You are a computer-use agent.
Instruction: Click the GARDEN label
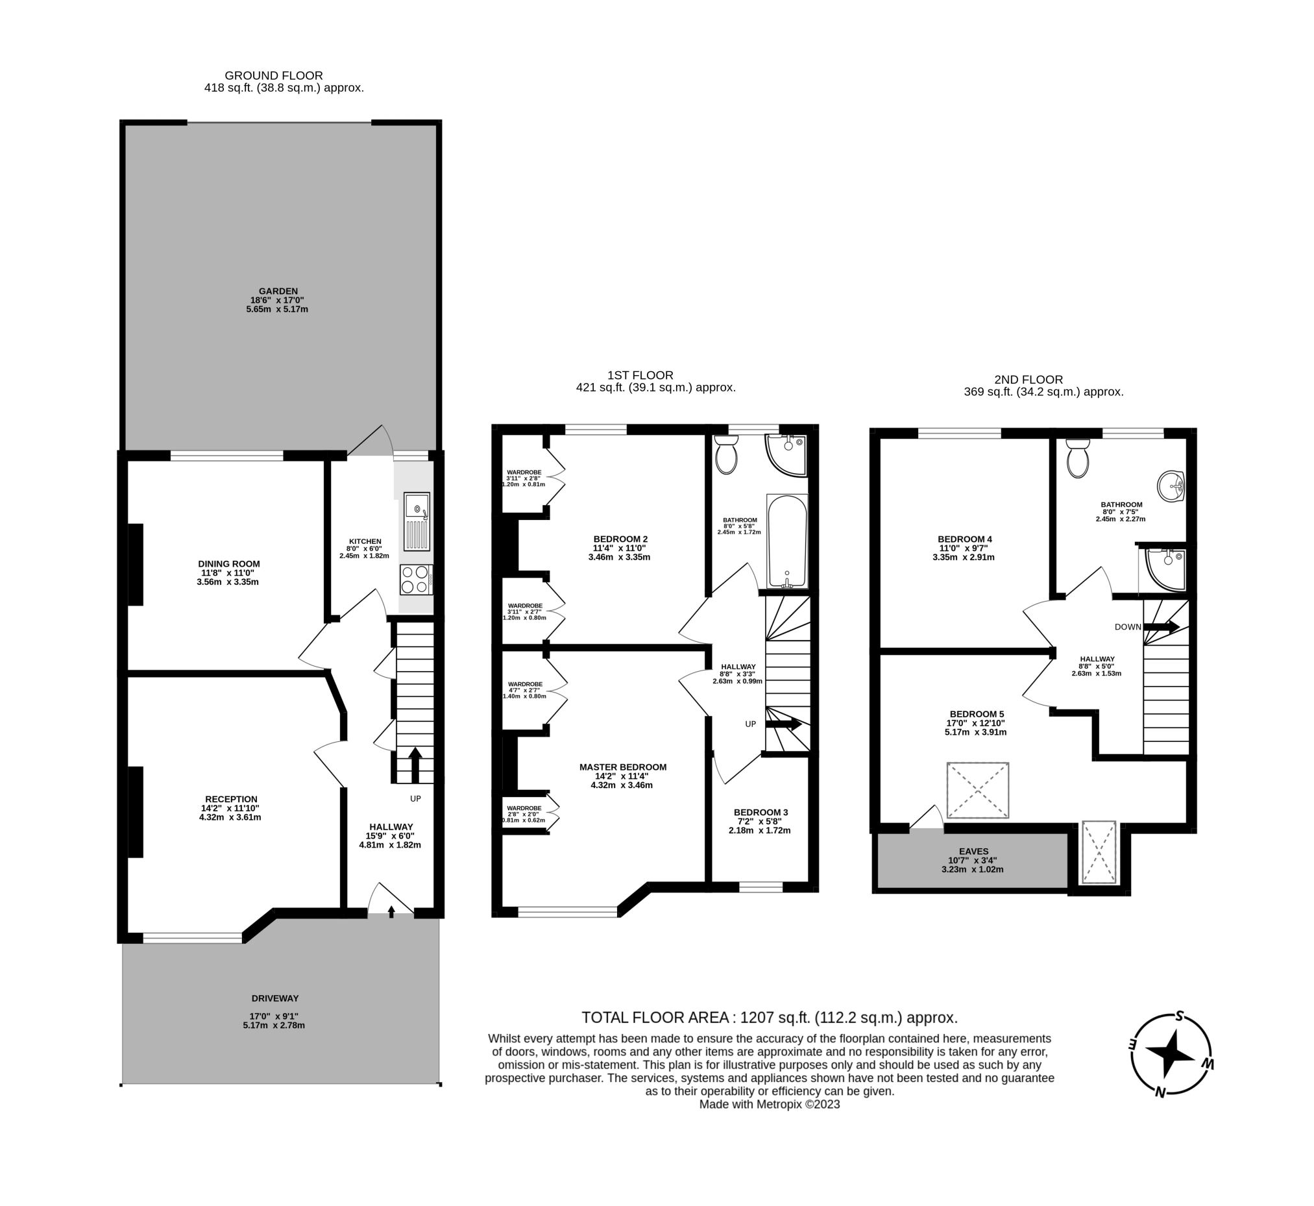[x=278, y=291]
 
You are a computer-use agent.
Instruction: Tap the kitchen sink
[x=417, y=521]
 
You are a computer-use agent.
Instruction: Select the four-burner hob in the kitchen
[x=415, y=579]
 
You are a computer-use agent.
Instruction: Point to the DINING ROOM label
[x=229, y=564]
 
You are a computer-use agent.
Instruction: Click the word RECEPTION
[x=231, y=799]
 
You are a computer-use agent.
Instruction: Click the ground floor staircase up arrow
[x=415, y=764]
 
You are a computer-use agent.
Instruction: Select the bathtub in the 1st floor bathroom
[x=787, y=541]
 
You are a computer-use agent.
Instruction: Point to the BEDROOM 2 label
[x=620, y=539]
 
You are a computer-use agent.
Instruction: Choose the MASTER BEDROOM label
[x=622, y=767]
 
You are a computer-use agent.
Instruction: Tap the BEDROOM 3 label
[x=760, y=812]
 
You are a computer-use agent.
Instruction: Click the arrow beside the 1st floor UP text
[x=783, y=724]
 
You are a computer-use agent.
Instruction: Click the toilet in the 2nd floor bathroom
[x=1077, y=458]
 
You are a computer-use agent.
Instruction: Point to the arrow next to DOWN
[x=1162, y=627]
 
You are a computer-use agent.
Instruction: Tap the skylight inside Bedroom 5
[x=977, y=791]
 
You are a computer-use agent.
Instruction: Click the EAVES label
[x=973, y=851]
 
